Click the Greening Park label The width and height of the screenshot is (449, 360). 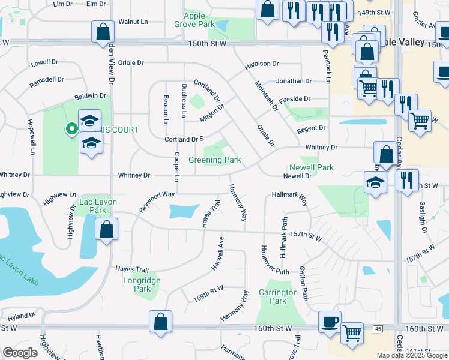(215, 160)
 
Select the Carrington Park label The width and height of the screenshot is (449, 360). (278, 296)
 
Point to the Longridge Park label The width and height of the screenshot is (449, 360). (142, 284)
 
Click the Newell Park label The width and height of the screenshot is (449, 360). (311, 168)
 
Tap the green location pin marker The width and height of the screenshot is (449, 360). (71, 128)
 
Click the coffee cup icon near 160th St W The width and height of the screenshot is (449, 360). (330, 322)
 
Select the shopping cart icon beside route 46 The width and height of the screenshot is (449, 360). (352, 332)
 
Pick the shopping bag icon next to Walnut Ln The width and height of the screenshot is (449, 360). (103, 31)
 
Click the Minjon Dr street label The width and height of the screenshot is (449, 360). (212, 112)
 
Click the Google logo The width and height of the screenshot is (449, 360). (20, 353)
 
